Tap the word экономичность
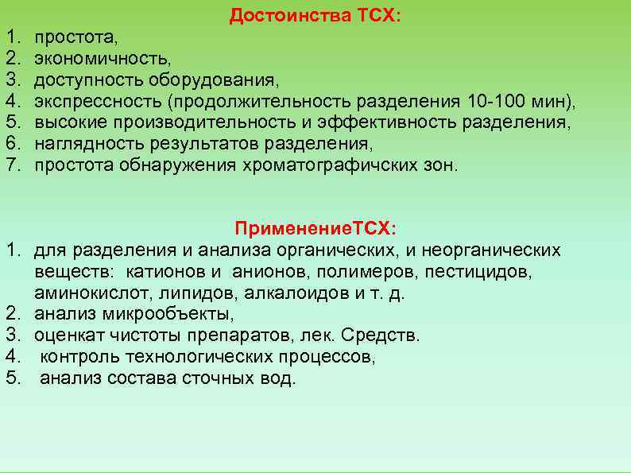point(102,59)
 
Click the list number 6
point(12,145)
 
